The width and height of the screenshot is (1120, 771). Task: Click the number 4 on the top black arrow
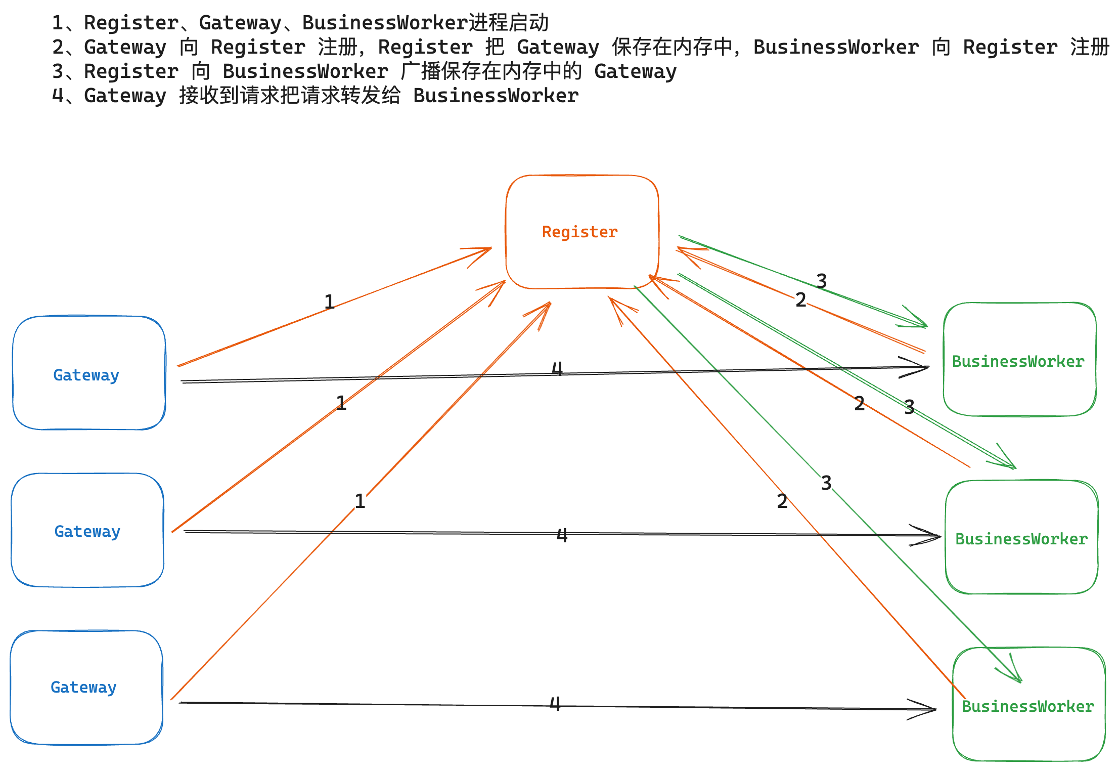click(x=557, y=368)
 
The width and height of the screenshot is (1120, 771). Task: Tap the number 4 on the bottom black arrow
click(x=555, y=703)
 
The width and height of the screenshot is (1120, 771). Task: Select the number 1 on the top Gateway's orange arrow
click(x=329, y=302)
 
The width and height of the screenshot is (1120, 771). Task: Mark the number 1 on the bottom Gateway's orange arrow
click(x=360, y=501)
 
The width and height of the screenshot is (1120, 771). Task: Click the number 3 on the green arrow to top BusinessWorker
click(x=822, y=281)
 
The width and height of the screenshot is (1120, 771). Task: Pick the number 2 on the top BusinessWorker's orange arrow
click(x=800, y=300)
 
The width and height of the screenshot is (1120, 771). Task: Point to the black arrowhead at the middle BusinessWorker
click(x=925, y=535)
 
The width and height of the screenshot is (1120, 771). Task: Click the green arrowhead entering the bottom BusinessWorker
click(x=1009, y=669)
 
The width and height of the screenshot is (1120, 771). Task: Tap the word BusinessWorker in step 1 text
click(x=385, y=23)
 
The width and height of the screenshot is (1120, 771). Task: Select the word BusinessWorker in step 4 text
click(x=496, y=96)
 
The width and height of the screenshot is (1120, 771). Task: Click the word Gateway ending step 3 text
click(x=636, y=71)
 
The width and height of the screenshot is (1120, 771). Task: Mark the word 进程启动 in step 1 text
click(x=509, y=23)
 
